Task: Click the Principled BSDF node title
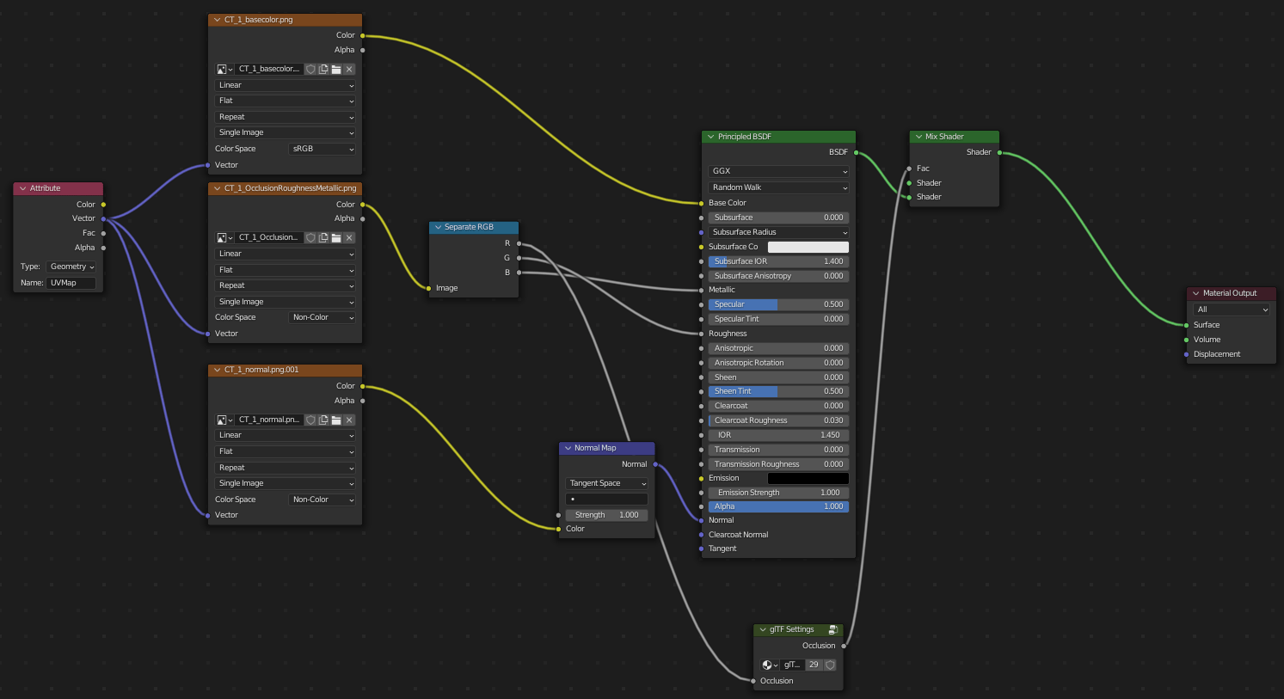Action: click(745, 137)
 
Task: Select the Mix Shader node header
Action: click(944, 137)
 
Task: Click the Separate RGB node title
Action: click(469, 227)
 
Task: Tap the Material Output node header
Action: click(1230, 293)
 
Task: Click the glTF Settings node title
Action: click(791, 629)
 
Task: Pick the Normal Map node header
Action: click(595, 448)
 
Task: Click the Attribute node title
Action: click(46, 188)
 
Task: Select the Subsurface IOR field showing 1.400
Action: click(778, 261)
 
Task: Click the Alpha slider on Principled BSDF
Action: click(778, 506)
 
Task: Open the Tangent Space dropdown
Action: click(607, 483)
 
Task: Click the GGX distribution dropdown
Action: click(778, 171)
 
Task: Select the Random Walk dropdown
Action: click(778, 187)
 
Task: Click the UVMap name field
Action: click(71, 283)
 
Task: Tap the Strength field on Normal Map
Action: click(607, 515)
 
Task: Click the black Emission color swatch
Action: click(808, 478)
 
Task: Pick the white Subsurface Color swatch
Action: click(808, 247)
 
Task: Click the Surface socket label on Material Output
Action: click(1207, 325)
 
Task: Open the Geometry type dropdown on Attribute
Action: click(71, 267)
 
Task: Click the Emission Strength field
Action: click(778, 493)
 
